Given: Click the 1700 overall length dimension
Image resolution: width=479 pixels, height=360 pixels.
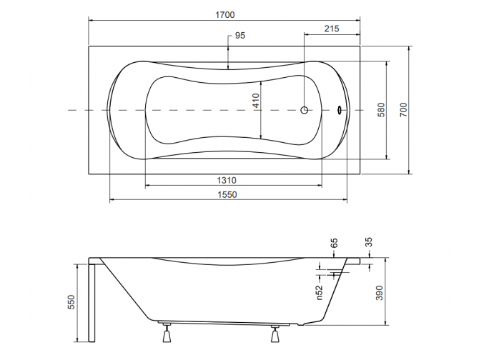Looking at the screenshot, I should point(224,14).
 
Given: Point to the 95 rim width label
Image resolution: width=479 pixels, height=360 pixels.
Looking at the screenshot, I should point(239,36).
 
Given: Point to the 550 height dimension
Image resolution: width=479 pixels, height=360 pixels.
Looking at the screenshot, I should point(71,302).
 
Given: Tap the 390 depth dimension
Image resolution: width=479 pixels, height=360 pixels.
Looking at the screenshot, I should point(380,293).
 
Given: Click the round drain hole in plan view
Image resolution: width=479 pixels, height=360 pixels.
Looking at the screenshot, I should point(305,110).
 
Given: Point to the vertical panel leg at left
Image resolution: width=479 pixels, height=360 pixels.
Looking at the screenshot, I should point(91,300).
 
